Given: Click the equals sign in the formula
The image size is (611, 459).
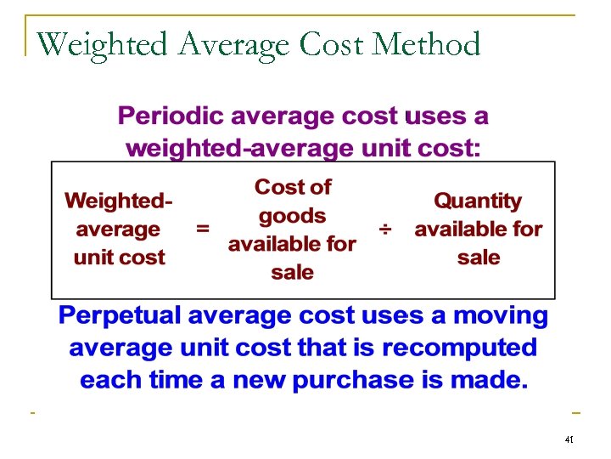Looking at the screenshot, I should click(x=203, y=229).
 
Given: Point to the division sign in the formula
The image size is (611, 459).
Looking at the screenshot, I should click(x=386, y=229).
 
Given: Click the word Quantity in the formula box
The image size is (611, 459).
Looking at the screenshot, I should click(x=478, y=201).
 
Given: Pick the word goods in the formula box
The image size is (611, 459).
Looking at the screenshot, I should click(x=293, y=215).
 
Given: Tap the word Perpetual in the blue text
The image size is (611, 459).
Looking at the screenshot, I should click(x=120, y=317).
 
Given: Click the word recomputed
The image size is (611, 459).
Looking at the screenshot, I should click(x=459, y=348).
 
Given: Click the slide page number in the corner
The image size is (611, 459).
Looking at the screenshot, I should click(x=569, y=440).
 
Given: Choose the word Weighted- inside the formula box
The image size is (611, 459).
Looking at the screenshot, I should click(x=118, y=201).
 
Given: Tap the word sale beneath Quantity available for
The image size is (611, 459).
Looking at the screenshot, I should click(x=479, y=258).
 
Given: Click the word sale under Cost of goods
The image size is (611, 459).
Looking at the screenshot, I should click(x=293, y=273).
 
